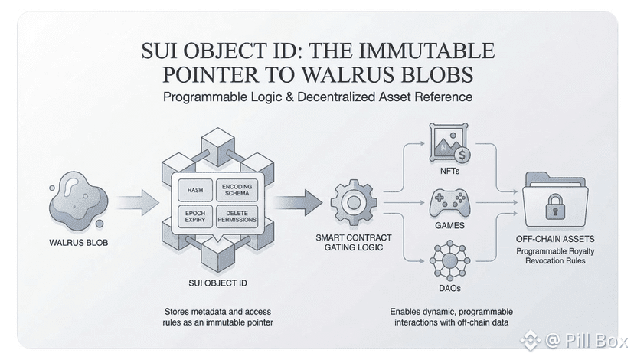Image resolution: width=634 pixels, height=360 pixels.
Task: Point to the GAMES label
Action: tap(449, 227)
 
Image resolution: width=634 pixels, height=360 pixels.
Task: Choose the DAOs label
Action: tap(449, 287)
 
